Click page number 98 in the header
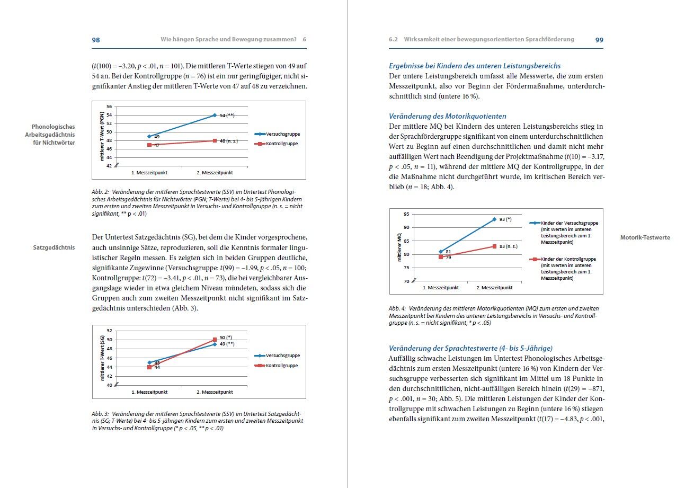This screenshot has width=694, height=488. point(96,40)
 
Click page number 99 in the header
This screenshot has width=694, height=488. point(599,40)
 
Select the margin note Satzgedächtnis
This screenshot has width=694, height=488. point(54,247)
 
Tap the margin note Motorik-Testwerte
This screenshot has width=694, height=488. point(645,237)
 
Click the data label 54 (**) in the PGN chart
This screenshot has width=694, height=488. point(227,115)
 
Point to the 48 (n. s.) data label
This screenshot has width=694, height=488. point(229,140)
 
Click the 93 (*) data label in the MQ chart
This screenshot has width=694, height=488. point(505,219)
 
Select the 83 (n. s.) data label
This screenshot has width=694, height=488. point(509,246)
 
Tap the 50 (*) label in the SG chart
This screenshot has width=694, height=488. point(226,337)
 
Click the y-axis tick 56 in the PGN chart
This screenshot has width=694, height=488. point(109,107)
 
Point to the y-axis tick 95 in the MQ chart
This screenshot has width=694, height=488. point(406,214)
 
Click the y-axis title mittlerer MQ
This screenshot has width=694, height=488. point(399,248)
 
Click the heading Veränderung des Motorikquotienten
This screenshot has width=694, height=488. point(447,116)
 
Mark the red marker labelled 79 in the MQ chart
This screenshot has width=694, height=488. point(441,257)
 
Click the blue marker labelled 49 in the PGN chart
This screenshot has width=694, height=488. point(150,136)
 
